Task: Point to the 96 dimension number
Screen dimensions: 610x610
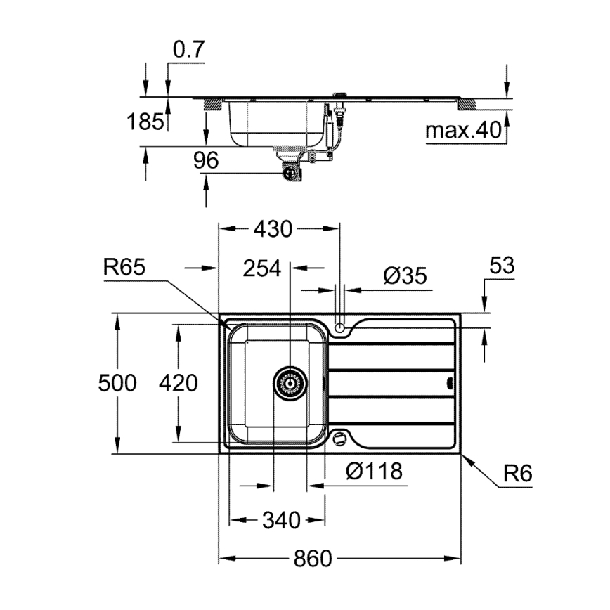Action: pyautogui.click(x=206, y=161)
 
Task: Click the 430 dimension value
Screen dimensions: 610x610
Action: pyautogui.click(x=272, y=229)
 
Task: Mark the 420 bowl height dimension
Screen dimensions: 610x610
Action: pyautogui.click(x=178, y=383)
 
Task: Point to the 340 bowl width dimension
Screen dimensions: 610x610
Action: pyautogui.click(x=280, y=521)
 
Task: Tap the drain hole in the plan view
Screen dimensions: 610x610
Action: pyautogui.click(x=290, y=383)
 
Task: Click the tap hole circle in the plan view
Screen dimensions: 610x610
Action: pyautogui.click(x=340, y=327)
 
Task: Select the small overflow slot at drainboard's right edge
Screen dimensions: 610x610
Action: pyautogui.click(x=450, y=383)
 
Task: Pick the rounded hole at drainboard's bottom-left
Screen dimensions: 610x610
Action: pyautogui.click(x=340, y=438)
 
